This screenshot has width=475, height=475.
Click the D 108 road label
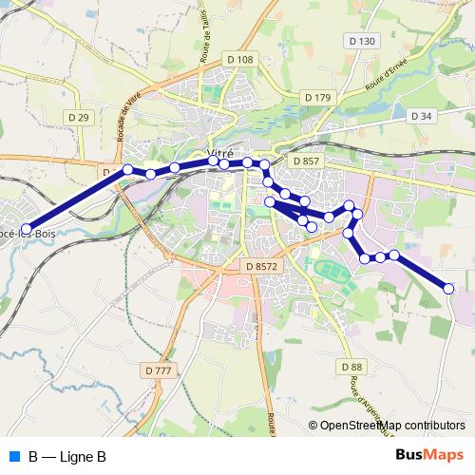pyautogui.click(x=242, y=60)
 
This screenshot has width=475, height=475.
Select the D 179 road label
pyautogui.click(x=316, y=98)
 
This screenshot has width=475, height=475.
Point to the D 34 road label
pyautogui.click(x=421, y=116)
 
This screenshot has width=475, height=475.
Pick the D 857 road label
pyautogui.click(x=307, y=161)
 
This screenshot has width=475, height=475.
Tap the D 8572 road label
pyautogui.click(x=260, y=268)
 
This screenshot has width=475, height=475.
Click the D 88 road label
pyautogui.click(x=351, y=366)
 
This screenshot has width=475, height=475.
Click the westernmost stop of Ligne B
pyautogui.click(x=26, y=227)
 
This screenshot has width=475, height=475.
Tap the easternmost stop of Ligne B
pyautogui.click(x=449, y=288)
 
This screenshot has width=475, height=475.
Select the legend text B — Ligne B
pyautogui.click(x=66, y=457)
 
